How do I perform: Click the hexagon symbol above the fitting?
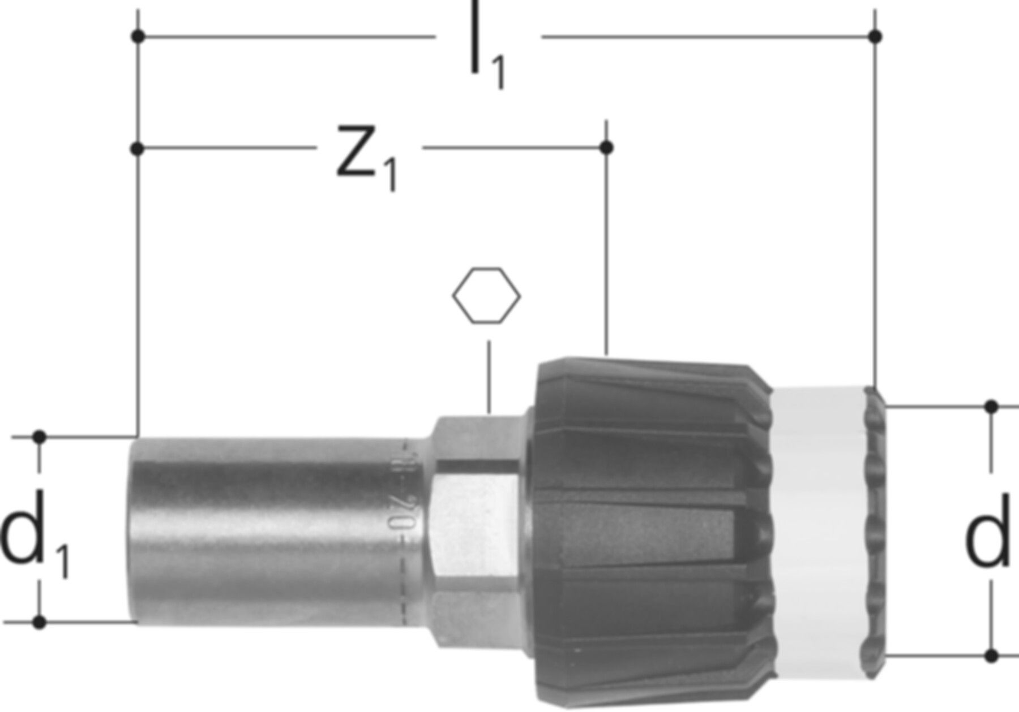tap(486, 296)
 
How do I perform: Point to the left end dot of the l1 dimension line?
tap(136, 37)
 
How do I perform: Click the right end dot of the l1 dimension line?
tap(875, 37)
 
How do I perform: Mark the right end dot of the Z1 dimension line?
tap(606, 148)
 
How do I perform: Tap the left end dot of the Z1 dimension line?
tap(136, 149)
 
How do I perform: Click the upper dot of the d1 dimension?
tap(39, 437)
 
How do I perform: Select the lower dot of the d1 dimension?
tap(39, 623)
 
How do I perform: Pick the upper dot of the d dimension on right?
tap(991, 406)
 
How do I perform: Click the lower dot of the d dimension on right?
tap(991, 656)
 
